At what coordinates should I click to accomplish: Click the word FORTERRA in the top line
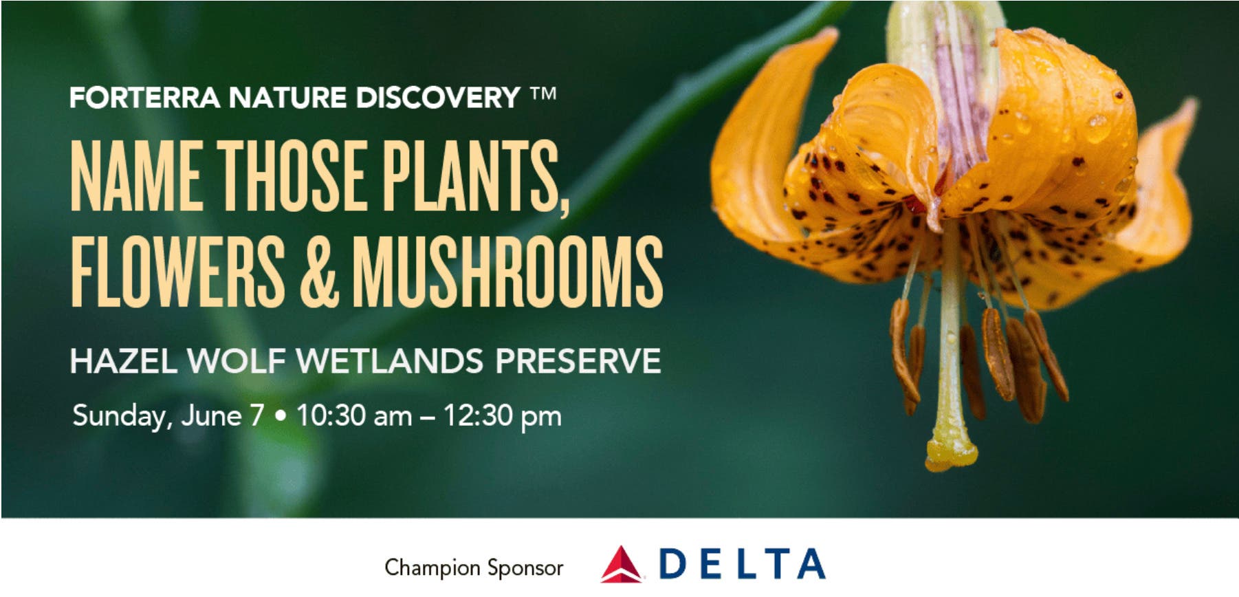click(x=144, y=98)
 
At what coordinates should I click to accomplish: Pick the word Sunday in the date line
click(x=120, y=416)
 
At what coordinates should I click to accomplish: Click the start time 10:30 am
click(x=354, y=415)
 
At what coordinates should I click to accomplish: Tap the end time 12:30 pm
click(x=503, y=416)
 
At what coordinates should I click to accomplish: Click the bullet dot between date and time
click(x=280, y=416)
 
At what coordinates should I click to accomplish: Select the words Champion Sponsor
click(x=474, y=568)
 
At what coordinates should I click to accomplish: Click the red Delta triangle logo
click(x=621, y=565)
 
